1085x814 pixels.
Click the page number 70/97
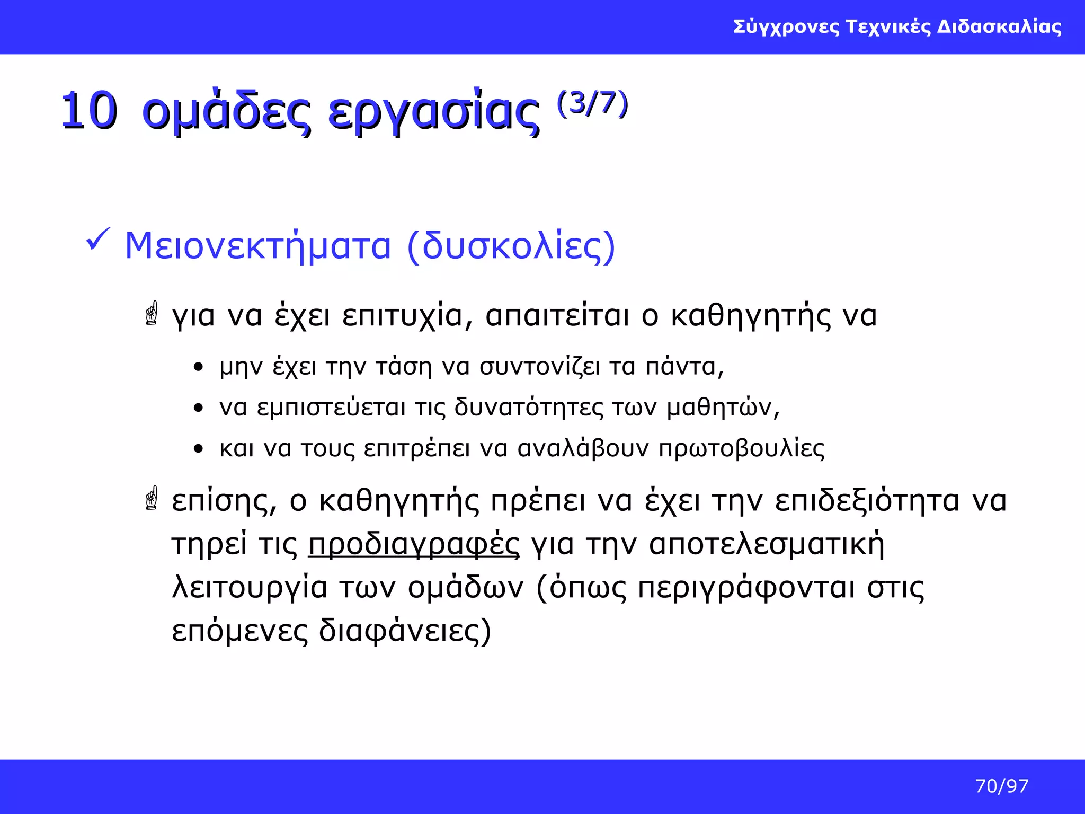click(1001, 786)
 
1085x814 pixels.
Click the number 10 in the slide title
click(88, 110)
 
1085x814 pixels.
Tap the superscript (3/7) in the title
click(592, 103)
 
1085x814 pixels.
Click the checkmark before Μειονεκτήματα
click(97, 240)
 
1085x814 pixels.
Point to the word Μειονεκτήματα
click(257, 246)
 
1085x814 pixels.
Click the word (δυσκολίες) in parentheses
click(511, 246)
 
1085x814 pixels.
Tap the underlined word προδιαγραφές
click(414, 545)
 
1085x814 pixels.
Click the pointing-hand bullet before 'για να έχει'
click(152, 313)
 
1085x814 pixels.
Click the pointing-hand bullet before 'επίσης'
click(152, 498)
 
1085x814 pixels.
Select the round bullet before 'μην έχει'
click(199, 367)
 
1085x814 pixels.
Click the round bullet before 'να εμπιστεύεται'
click(199, 408)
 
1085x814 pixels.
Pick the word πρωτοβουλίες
click(742, 449)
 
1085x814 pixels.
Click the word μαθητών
click(723, 408)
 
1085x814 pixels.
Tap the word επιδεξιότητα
click(867, 501)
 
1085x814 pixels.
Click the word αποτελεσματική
click(767, 545)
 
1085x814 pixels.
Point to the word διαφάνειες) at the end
click(405, 631)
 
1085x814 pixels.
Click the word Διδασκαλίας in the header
click(999, 26)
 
